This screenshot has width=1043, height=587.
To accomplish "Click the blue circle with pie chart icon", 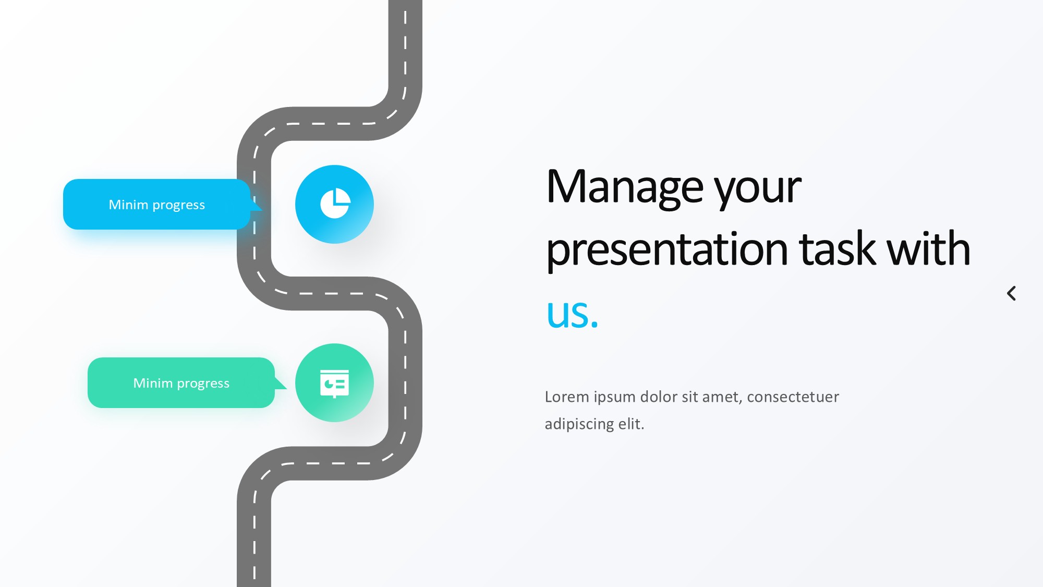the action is tap(334, 204).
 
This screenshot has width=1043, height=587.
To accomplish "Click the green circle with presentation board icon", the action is tap(334, 382).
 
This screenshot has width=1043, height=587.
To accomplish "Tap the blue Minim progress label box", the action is tap(157, 204).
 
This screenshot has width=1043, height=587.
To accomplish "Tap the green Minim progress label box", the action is tap(181, 382).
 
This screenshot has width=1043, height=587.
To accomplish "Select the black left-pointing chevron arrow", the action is tap(1011, 293).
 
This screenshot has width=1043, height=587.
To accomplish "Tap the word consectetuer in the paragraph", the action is tap(793, 397).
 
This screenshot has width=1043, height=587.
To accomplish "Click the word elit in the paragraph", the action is tap(631, 424).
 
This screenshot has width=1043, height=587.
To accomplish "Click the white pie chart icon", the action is tap(335, 203).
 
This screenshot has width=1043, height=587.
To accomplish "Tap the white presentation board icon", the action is tap(334, 384).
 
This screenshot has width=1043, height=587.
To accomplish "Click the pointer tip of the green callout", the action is tap(287, 389).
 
